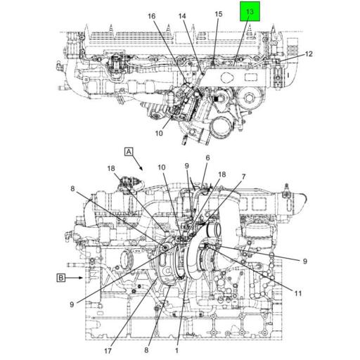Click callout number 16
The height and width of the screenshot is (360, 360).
tap(152, 16)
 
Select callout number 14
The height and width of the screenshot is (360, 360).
tap(182, 16)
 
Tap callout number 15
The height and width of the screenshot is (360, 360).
tap(219, 14)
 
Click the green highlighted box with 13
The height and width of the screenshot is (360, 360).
tap(250, 11)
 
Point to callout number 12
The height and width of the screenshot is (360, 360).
tap(309, 54)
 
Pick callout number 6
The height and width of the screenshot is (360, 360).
tap(207, 158)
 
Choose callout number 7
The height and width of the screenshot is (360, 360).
tap(244, 176)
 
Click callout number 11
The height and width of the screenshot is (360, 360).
tap(298, 293)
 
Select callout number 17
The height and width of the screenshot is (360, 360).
tap(108, 351)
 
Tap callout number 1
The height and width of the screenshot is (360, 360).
tap(176, 350)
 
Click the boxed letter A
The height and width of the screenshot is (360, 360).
tap(129, 152)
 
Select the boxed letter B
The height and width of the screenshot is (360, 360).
tap(61, 278)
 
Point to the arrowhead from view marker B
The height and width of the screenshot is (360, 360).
tap(81, 278)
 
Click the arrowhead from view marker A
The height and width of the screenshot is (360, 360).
tap(141, 168)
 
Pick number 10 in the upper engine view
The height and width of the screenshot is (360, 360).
tap(159, 133)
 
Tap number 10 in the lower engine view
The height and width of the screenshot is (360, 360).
tap(162, 167)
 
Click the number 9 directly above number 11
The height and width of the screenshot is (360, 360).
tap(305, 261)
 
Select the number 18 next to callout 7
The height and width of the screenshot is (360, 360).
tap(222, 174)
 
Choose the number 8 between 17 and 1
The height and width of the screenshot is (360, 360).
tap(146, 350)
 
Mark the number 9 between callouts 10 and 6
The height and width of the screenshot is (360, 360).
tap(186, 166)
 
